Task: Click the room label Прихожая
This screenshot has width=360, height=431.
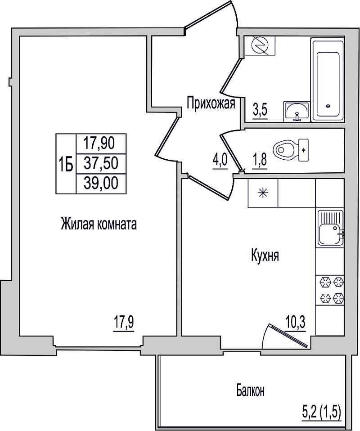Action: [x=211, y=103]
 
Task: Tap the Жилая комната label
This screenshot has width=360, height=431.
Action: [x=99, y=224]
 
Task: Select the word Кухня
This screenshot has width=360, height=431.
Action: [x=265, y=256]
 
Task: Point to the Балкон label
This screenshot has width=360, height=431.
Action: [x=251, y=391]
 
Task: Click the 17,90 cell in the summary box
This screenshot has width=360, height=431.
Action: [x=101, y=144]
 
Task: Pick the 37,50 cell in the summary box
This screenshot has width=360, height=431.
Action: [x=101, y=163]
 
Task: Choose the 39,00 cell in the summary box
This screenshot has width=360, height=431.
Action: [x=101, y=183]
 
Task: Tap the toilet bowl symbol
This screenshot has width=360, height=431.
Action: [x=290, y=150]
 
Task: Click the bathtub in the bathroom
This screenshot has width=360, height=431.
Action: [x=328, y=80]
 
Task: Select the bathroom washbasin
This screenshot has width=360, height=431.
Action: [x=297, y=111]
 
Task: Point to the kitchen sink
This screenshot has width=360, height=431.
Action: [x=330, y=228]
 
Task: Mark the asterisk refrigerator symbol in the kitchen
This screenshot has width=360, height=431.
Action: [x=263, y=193]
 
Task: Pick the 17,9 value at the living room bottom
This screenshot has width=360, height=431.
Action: [x=124, y=323]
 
